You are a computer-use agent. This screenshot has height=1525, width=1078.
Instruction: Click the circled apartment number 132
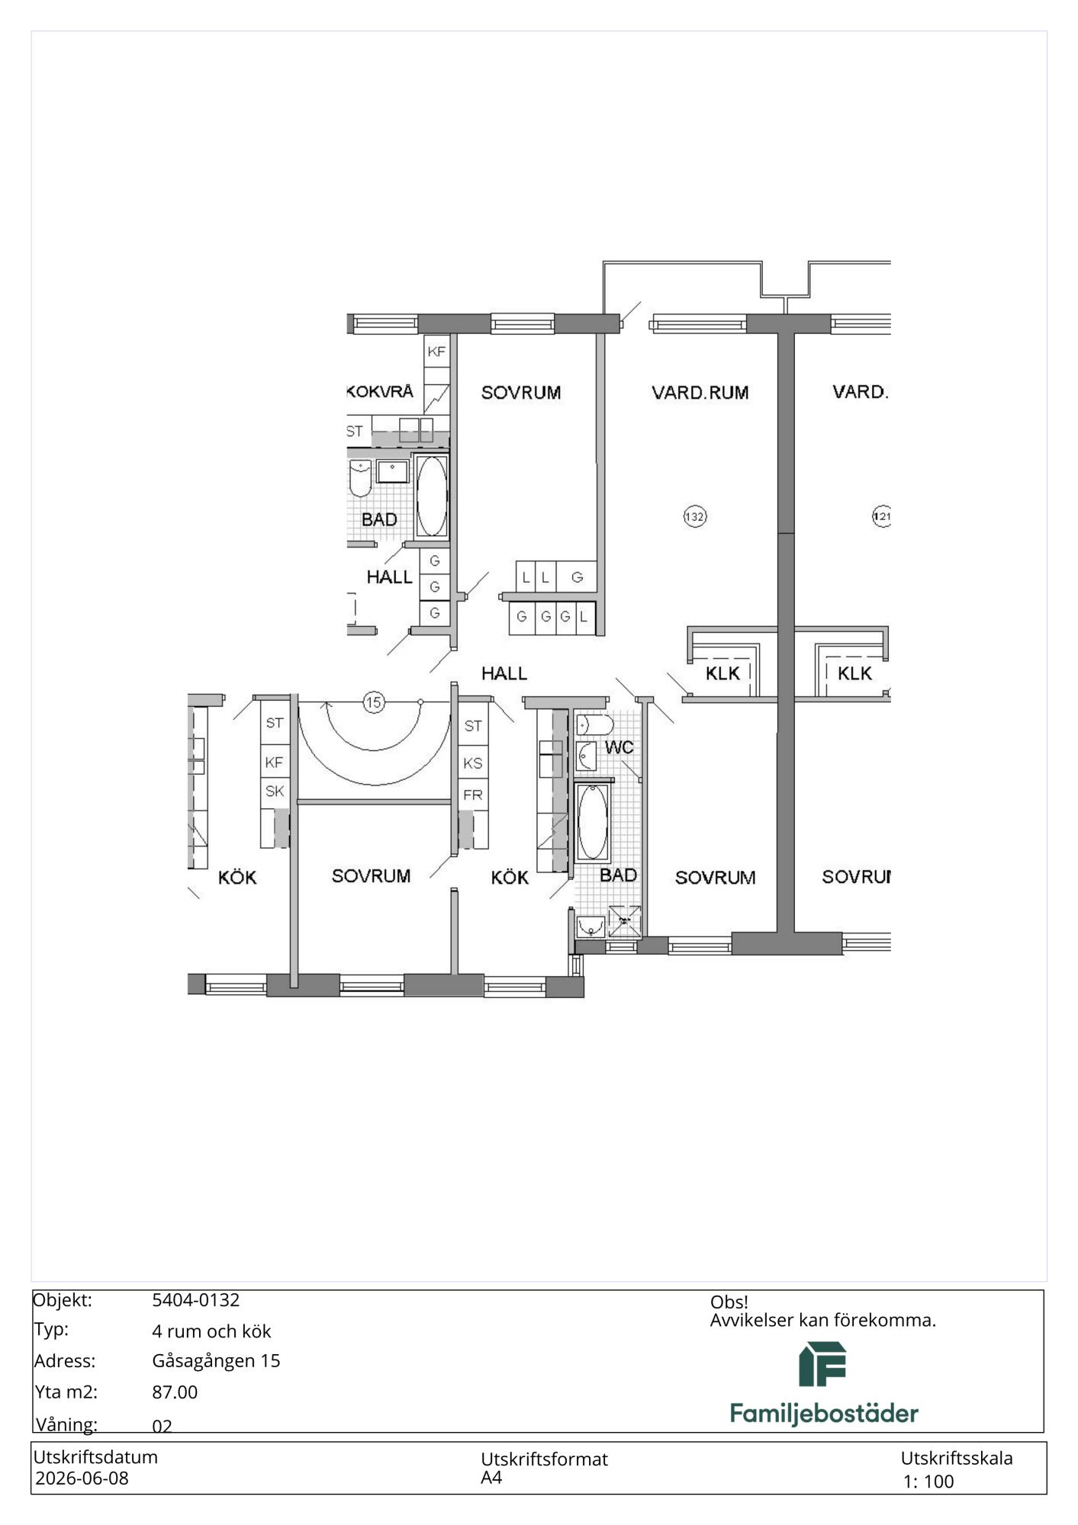click(694, 516)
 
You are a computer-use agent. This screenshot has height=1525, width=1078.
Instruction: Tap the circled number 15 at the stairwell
click(373, 702)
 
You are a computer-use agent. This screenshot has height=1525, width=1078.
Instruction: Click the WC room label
click(619, 747)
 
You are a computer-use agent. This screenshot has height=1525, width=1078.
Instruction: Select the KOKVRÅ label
click(380, 392)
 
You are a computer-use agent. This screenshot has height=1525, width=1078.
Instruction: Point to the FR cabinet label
click(473, 795)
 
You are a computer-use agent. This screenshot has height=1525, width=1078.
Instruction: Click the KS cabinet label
click(473, 762)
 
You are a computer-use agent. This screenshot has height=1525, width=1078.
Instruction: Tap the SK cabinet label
click(275, 791)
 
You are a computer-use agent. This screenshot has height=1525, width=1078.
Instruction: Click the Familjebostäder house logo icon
click(822, 1364)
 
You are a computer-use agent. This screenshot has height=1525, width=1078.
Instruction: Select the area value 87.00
click(175, 1392)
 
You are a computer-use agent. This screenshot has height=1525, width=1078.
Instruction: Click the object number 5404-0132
click(196, 1300)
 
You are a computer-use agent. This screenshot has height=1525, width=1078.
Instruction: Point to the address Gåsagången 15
click(216, 1361)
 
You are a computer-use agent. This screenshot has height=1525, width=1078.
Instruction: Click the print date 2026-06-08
click(82, 1478)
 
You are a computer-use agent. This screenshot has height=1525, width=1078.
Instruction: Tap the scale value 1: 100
click(928, 1482)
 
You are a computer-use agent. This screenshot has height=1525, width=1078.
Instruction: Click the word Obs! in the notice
click(729, 1302)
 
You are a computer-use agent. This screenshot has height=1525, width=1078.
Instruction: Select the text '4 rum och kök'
click(211, 1331)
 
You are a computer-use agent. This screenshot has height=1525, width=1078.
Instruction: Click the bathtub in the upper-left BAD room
click(431, 496)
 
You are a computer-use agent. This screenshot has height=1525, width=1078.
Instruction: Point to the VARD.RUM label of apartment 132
click(700, 393)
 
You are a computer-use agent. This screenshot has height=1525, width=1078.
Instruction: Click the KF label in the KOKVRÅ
click(436, 352)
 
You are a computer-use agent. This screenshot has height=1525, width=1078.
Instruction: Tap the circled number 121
click(881, 516)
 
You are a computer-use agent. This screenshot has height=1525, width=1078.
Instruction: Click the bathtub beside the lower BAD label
click(593, 822)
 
